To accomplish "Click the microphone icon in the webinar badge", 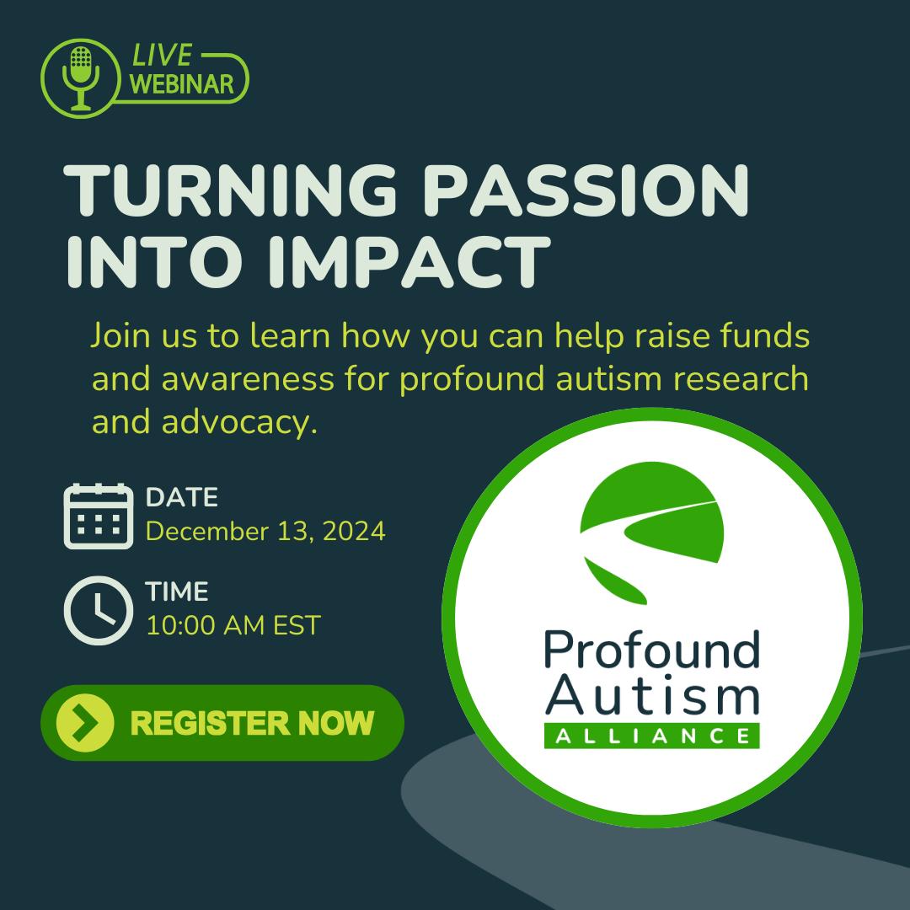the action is pos(81,78).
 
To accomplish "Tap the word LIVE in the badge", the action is pos(162,56).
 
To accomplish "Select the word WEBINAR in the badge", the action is pos(181,85).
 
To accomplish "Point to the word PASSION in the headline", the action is pos(586,191).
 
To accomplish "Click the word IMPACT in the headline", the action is pos(409,262).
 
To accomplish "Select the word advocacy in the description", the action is pos(239,421).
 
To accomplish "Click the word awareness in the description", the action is pos(248,379).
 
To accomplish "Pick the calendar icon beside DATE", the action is pos(98,516).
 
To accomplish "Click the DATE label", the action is pos(182,497).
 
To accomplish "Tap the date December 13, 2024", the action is pos(265,531).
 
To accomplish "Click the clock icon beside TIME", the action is pos(98,610).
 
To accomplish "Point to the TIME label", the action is pos(176,591).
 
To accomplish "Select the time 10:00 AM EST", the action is pos(233,625).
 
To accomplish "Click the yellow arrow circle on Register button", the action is pos(85,723).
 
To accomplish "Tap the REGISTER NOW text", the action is pos(252,723).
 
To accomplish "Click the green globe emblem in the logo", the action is pos(651,533).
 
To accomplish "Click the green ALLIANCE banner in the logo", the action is pos(651,736).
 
